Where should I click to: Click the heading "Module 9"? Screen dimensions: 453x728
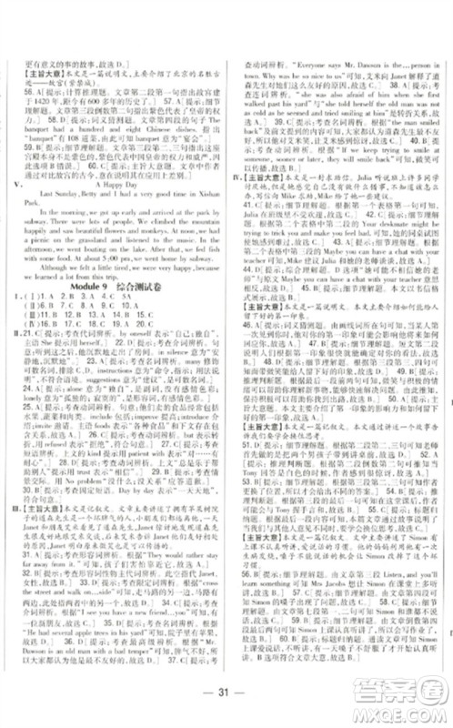(x=93, y=299)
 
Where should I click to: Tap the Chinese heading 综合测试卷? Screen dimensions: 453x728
(x=150, y=299)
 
